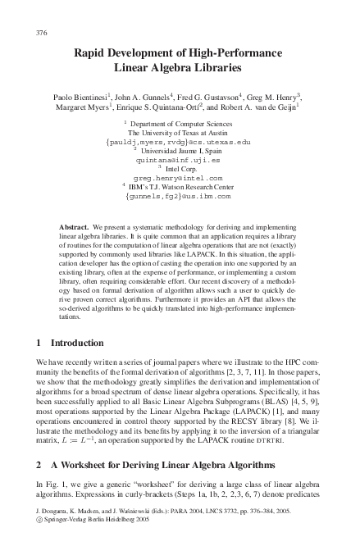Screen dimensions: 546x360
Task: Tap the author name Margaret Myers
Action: point(83,107)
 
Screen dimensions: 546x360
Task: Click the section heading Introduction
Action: point(77,342)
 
